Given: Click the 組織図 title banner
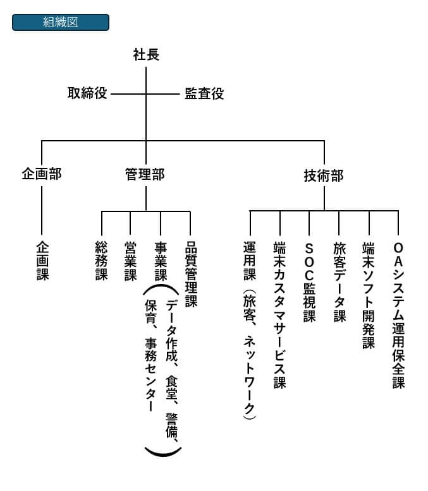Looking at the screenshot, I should [61, 23].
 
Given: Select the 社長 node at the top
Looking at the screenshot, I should [146, 55].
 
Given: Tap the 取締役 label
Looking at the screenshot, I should [87, 94].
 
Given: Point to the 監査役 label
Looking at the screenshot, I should [204, 94].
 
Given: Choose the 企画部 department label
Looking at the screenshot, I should [42, 174].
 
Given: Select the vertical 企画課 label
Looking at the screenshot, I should [42, 261].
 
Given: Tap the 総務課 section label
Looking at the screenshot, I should [101, 261].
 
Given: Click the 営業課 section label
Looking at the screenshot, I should [130, 261].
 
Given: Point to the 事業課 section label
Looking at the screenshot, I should [161, 261].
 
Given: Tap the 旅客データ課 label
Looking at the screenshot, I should [339, 281].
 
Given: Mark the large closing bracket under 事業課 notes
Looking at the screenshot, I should [163, 451].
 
